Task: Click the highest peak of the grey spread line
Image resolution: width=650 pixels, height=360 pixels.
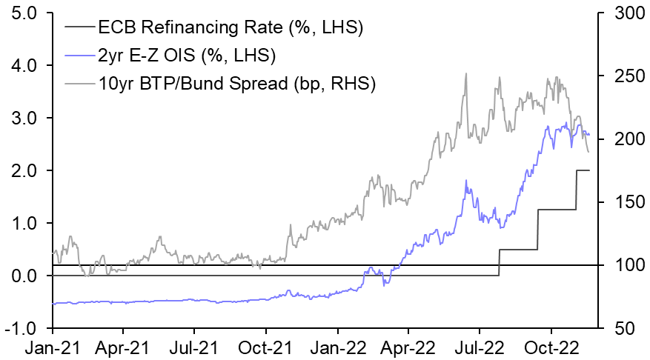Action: (x=465, y=73)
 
